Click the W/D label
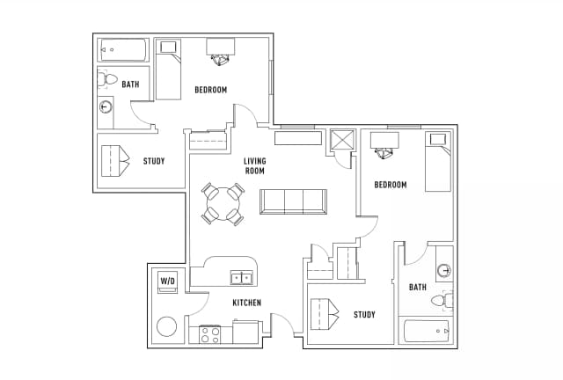click(x=168, y=281)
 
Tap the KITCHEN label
click(x=246, y=303)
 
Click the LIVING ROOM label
click(x=255, y=165)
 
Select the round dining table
click(x=223, y=204)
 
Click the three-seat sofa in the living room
click(x=293, y=201)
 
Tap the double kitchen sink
click(x=242, y=278)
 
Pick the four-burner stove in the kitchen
click(x=210, y=334)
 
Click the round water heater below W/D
click(x=166, y=326)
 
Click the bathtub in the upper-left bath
click(x=123, y=49)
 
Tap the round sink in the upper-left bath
click(x=106, y=106)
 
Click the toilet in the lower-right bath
click(x=442, y=300)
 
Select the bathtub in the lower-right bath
click(x=427, y=331)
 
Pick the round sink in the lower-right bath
click(x=444, y=270)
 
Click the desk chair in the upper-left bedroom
click(x=219, y=60)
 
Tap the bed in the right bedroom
click(x=438, y=162)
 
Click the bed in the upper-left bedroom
click(x=168, y=69)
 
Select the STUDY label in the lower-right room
click(x=364, y=315)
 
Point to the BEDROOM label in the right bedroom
click(x=391, y=185)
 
